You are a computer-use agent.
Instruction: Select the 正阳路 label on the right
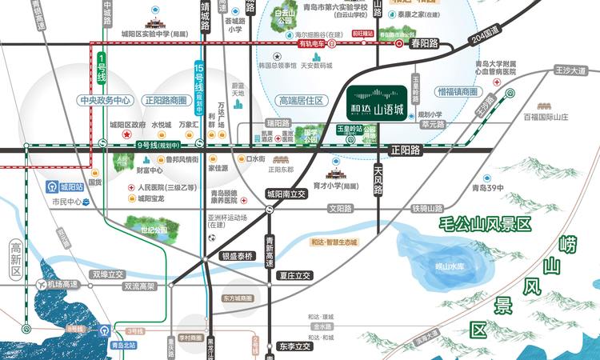[406, 148]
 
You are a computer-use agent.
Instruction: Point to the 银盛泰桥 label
[237, 257]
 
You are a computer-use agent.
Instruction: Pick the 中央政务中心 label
[104, 101]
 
